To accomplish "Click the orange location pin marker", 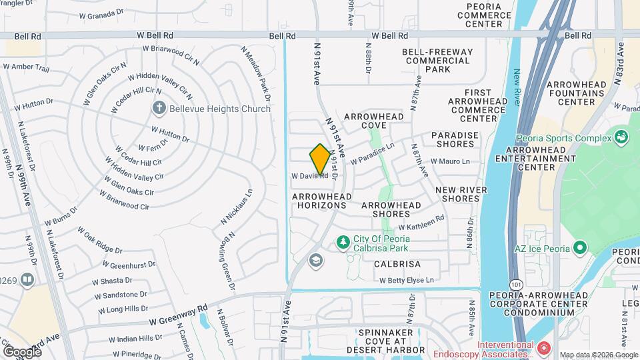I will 320,159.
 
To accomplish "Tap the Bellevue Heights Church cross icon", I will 159,107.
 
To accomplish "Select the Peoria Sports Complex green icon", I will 622,137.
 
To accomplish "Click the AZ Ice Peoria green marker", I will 579,249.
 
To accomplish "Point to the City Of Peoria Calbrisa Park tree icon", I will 343,241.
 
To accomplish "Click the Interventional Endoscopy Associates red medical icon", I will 544,348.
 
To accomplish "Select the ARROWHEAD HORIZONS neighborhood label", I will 319,201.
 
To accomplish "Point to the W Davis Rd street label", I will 309,176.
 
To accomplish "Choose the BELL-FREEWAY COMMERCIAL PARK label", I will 437,60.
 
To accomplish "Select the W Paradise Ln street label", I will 373,151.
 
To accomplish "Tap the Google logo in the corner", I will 22,351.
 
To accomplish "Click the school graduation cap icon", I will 316,261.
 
